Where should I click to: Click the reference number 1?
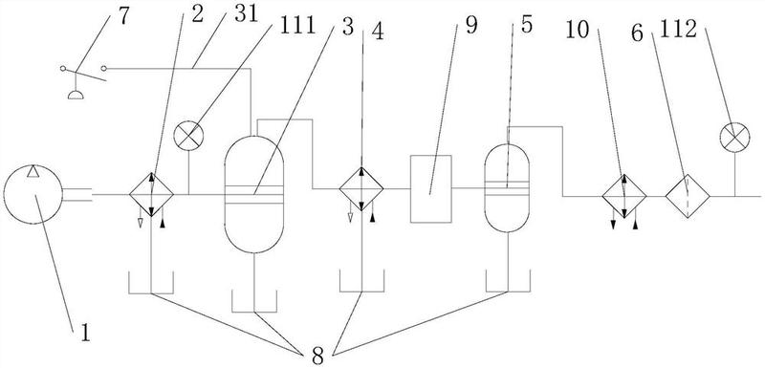tap(85, 334)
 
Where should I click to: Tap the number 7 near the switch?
tap(124, 16)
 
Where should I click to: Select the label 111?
tap(297, 26)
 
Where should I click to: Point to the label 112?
tap(678, 30)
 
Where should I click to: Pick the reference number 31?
tap(246, 14)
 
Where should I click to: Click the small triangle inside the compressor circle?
tap(33, 171)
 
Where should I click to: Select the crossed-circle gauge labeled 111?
tap(188, 136)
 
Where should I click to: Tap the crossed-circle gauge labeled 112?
tap(734, 137)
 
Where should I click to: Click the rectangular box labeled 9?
tap(431, 188)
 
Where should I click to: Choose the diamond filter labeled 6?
tap(688, 196)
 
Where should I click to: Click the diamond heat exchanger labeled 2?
tap(151, 194)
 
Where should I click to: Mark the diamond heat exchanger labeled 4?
tap(361, 188)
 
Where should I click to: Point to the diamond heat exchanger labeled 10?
tap(624, 196)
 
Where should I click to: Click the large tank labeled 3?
tap(253, 194)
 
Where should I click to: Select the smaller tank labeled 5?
tap(508, 187)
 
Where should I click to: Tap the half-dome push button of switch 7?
tap(76, 95)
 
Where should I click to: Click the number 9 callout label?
tap(471, 26)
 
